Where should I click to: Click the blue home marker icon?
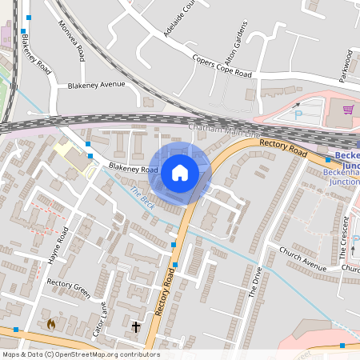pos(179,172)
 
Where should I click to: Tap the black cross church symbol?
pos(135,326)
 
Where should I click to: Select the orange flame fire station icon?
pos(52,324)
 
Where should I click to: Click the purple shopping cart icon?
pos(348,110)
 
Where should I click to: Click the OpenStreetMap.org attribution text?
pos(104,354)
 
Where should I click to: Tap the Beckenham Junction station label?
pos(346,164)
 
